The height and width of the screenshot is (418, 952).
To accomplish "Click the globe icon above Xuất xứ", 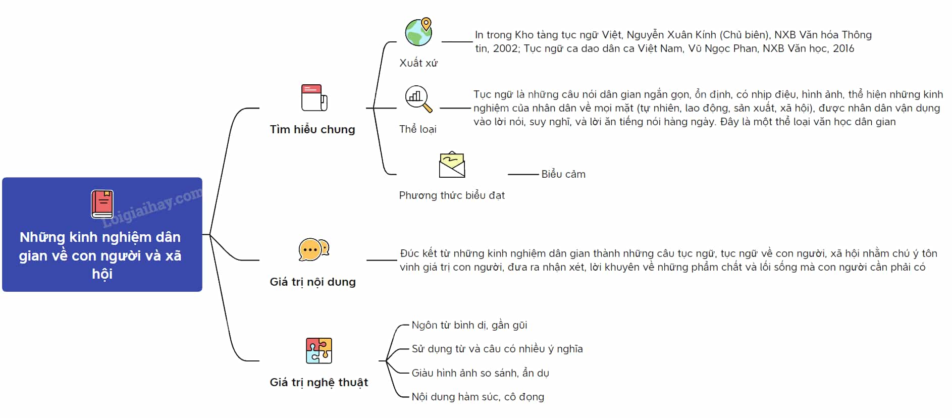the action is tap(418, 32).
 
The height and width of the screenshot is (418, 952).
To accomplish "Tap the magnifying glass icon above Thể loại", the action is tap(418, 98).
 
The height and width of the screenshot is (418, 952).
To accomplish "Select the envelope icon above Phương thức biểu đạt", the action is tap(452, 165).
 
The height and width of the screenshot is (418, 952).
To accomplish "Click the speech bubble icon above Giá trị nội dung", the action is tap(313, 249).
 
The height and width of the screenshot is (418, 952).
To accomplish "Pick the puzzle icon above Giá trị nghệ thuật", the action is tap(319, 350).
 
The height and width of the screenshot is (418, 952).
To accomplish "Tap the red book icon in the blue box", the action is tap(102, 204).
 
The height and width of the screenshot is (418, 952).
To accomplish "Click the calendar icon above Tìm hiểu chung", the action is tap(314, 97).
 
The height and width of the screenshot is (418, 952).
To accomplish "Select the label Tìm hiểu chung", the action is tap(312, 129).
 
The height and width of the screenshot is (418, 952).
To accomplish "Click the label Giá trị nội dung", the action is tap(312, 282).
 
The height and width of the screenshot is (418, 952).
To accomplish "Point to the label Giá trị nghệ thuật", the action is tap(319, 382).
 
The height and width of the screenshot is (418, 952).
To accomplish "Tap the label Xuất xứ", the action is tap(418, 63).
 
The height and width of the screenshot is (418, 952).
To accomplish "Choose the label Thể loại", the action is tap(418, 129).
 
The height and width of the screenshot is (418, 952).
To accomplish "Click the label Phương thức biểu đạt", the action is tap(452, 195).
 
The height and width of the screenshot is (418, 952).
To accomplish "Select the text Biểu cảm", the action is tap(563, 174).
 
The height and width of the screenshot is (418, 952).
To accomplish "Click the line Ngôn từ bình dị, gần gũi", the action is tap(469, 325).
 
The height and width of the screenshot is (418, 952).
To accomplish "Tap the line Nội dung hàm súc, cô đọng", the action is tap(478, 397).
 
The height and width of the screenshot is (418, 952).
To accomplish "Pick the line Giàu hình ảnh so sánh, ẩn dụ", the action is tap(481, 373).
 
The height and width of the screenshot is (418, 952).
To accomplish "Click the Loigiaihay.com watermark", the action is tap(151, 207).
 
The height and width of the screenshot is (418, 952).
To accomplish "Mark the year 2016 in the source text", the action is tap(843, 48).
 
